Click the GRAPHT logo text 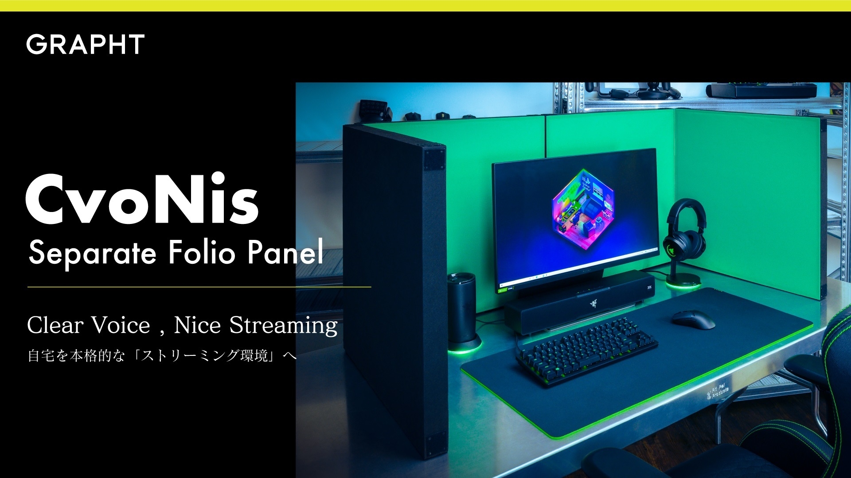(86, 44)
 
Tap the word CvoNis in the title (142, 199)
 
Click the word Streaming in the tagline (283, 326)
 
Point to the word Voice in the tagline (121, 325)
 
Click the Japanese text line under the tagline (162, 356)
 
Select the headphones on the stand (685, 230)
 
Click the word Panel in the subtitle (285, 253)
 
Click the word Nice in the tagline (197, 325)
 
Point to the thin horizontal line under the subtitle (199, 287)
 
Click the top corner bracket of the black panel (434, 159)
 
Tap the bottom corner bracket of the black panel (431, 441)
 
